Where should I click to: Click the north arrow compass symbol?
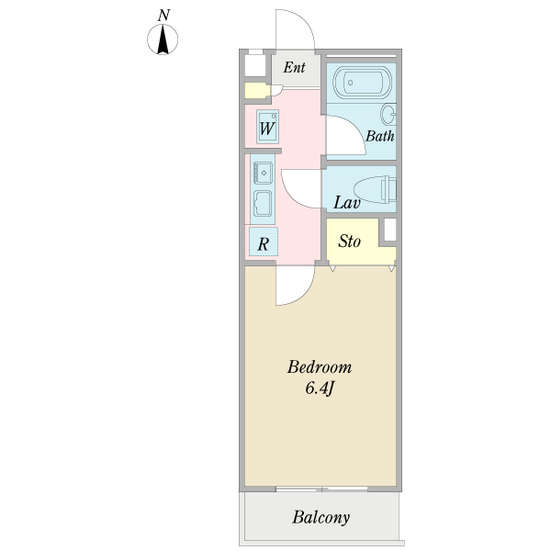point(163,39)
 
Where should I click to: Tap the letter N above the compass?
point(163,16)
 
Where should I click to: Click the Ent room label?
point(295,67)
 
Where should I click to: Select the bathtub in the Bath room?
point(362,83)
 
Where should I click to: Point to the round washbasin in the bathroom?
point(388,114)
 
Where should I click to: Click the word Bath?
point(380,136)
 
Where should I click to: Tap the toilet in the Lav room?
point(376,190)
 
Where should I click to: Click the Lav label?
point(347,203)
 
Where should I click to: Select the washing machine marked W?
point(268,127)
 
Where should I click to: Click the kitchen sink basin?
point(264,173)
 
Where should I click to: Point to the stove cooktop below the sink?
point(263,203)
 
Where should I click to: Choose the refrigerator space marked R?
point(264,242)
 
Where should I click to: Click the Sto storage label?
point(350,242)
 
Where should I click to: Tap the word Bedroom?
point(320,367)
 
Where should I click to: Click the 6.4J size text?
point(319,388)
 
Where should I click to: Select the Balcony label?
point(321,518)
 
